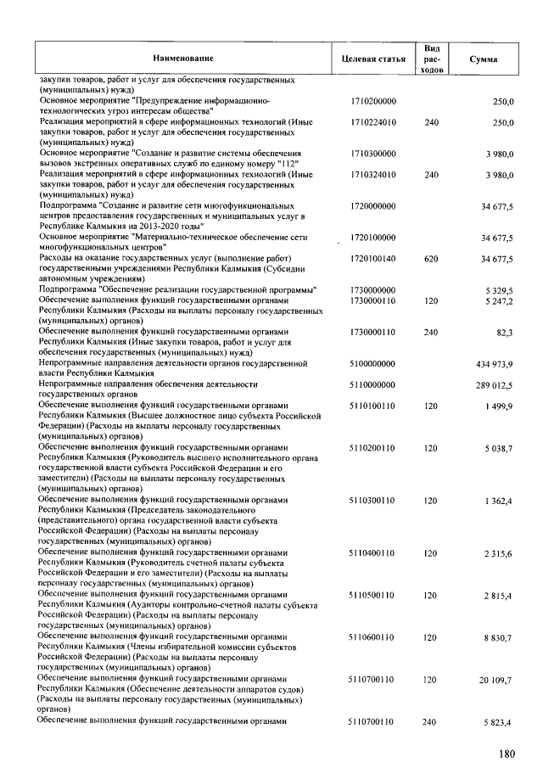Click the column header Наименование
pyautogui.click(x=183, y=58)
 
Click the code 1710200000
pyautogui.click(x=373, y=101)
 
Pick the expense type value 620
pyautogui.click(x=431, y=257)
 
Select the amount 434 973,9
pyautogui.click(x=495, y=363)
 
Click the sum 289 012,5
pyautogui.click(x=495, y=384)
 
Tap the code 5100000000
pyautogui.click(x=373, y=363)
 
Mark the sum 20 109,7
pyautogui.click(x=496, y=680)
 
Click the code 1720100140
pyautogui.click(x=373, y=257)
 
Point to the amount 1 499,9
pyautogui.click(x=499, y=406)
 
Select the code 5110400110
pyautogui.click(x=373, y=552)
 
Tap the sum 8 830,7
pyautogui.click(x=499, y=637)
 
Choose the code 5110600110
pyautogui.click(x=373, y=637)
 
